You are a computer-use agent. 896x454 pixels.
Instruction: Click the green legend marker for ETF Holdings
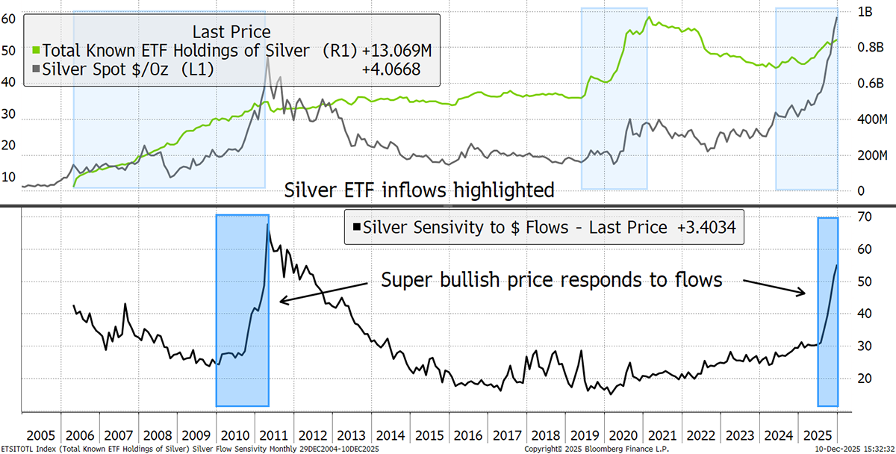click(x=37, y=51)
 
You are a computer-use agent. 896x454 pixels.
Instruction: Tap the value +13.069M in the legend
click(x=396, y=51)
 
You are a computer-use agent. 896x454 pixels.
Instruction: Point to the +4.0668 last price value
click(x=393, y=69)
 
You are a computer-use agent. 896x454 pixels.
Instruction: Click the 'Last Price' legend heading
click(x=231, y=31)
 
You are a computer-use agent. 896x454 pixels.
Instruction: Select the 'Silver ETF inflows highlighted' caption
click(x=420, y=190)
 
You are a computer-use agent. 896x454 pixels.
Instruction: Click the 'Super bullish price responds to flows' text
click(x=552, y=280)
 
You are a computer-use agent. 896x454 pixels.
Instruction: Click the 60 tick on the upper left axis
click(x=10, y=19)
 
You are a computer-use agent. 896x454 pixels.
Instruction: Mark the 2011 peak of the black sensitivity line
click(x=267, y=225)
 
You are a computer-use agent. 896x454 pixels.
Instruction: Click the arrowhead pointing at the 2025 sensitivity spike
click(x=804, y=294)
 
